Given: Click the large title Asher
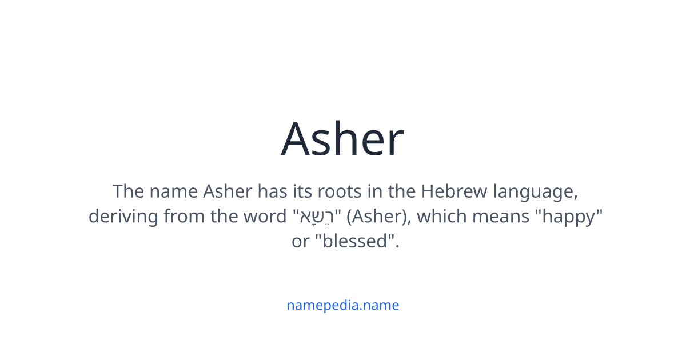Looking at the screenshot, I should [x=342, y=139].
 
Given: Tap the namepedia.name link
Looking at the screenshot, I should [x=342, y=305].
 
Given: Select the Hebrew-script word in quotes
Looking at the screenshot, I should [x=317, y=217].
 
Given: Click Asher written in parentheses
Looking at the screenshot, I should [x=373, y=217].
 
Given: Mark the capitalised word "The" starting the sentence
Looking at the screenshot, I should [x=127, y=191].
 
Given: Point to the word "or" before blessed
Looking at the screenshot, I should [x=300, y=241].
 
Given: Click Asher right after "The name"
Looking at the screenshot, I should [x=228, y=191].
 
